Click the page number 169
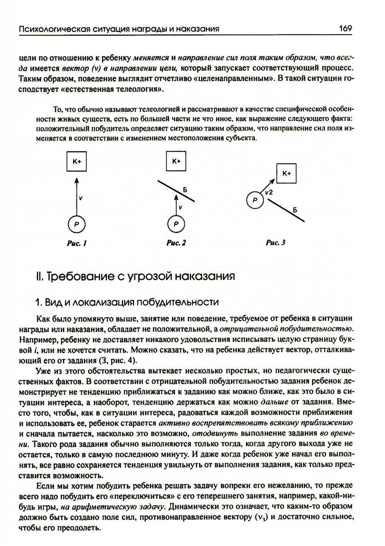click(345, 28)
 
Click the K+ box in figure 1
click(76, 162)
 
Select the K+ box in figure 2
click(176, 161)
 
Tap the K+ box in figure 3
click(287, 173)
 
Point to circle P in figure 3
click(254, 200)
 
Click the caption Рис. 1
click(76, 243)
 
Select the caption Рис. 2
click(176, 243)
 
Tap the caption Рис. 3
click(276, 243)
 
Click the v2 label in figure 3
click(269, 193)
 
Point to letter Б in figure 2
click(185, 189)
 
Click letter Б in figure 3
click(295, 210)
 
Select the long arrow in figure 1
click(76, 196)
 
